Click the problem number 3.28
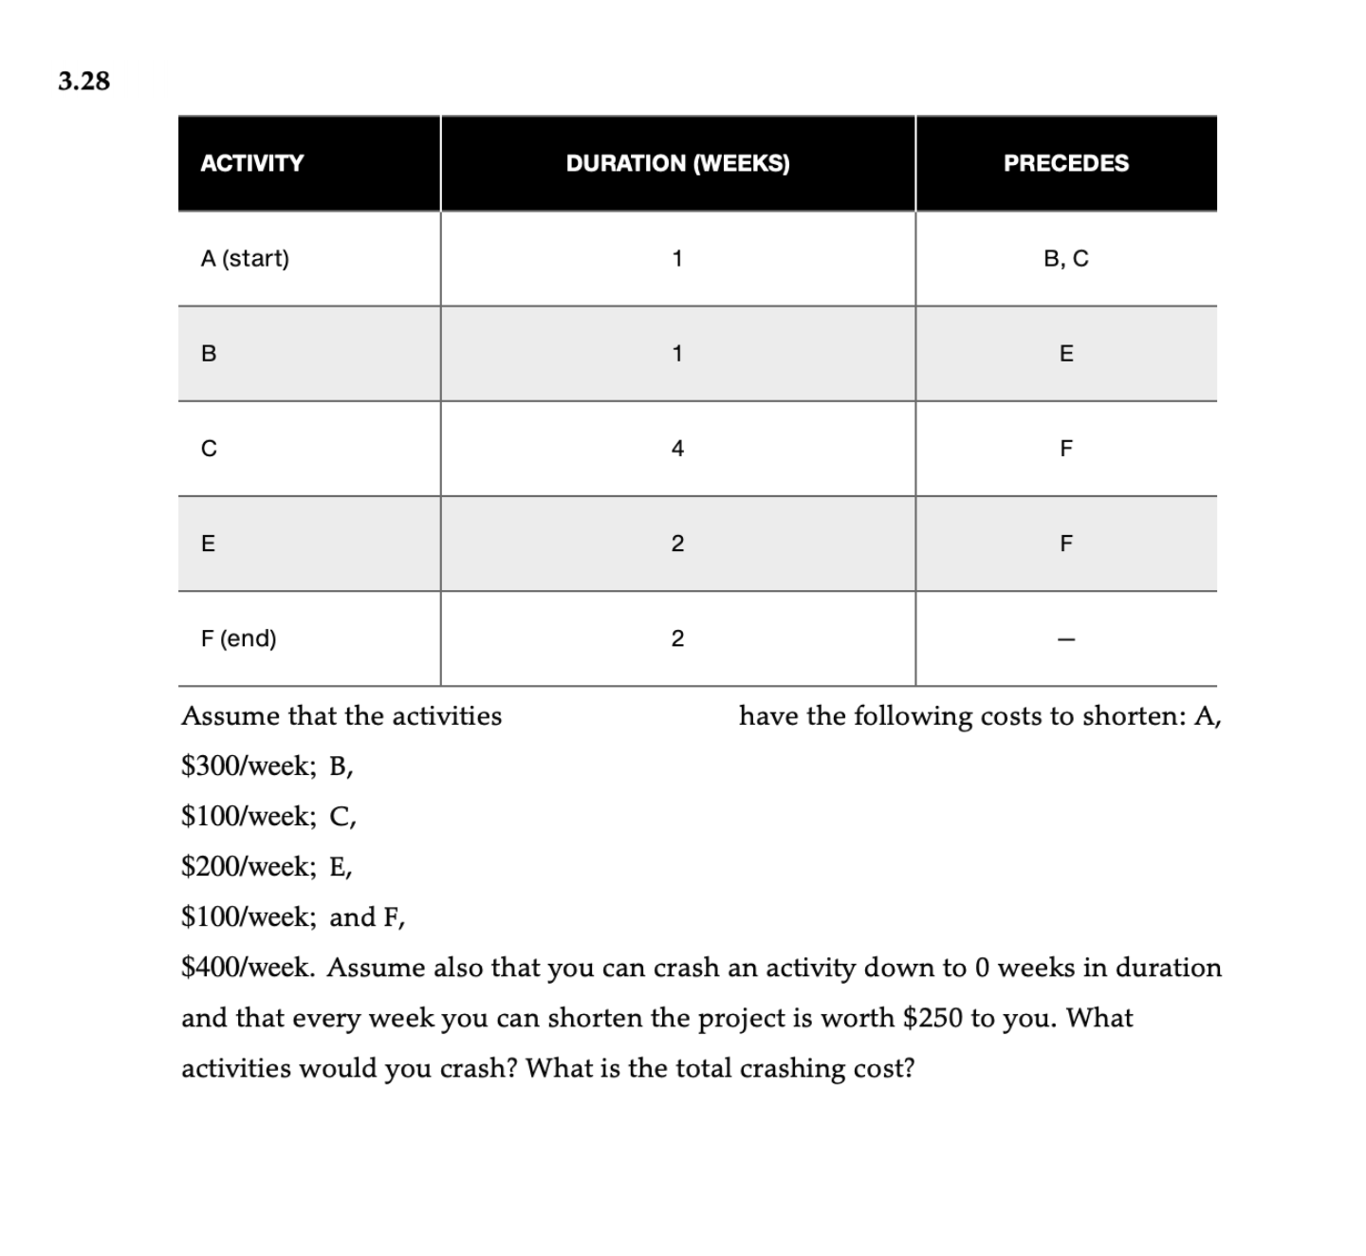(83, 82)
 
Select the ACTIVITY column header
(251, 163)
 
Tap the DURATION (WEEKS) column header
(677, 163)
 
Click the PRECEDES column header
(1066, 163)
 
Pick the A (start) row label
(245, 258)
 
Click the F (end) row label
(238, 638)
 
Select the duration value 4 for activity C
(677, 449)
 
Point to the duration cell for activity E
(677, 544)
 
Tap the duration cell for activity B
(677, 354)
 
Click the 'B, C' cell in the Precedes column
(1066, 258)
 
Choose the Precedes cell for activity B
(1066, 354)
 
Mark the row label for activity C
(209, 449)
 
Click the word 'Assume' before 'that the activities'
(231, 716)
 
